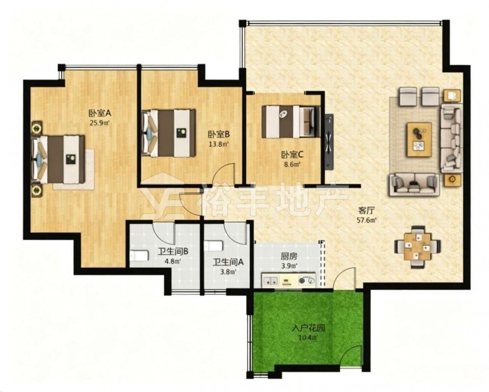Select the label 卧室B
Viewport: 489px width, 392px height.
point(219,134)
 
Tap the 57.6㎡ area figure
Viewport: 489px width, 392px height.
point(366,220)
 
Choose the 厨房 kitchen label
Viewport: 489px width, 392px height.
point(289,257)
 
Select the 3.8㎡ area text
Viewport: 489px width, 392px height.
point(228,271)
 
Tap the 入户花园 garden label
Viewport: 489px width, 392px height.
point(309,328)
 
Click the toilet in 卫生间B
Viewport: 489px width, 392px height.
point(138,256)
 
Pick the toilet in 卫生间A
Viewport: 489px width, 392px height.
point(214,245)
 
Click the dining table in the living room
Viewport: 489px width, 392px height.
point(418,247)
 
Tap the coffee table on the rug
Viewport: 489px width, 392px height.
point(420,140)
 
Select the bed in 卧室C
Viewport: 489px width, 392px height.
point(291,122)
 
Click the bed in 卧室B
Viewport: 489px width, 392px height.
point(169,132)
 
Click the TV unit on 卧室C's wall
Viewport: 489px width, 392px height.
point(329,142)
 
